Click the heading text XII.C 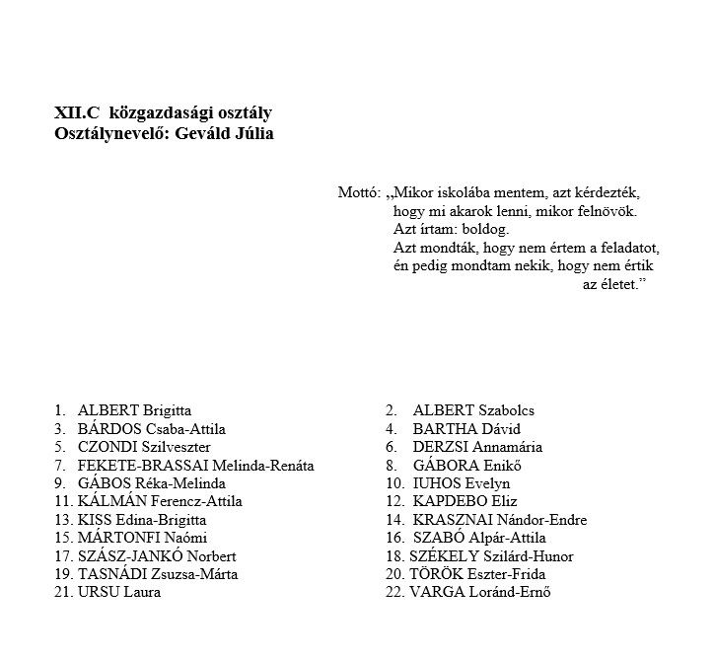pos(78,113)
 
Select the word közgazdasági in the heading pos(156,113)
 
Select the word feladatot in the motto pos(627,248)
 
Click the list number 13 pos(63,520)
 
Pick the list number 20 pos(394,574)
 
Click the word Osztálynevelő pos(111,133)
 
